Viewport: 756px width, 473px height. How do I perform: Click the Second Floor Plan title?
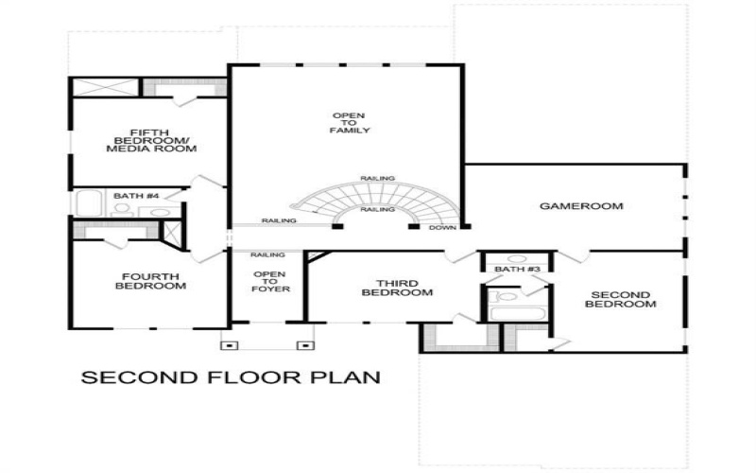click(231, 377)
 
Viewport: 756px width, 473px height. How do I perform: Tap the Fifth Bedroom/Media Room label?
click(150, 141)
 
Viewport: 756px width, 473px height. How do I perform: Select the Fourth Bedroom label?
click(150, 281)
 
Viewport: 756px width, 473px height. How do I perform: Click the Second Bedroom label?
click(620, 298)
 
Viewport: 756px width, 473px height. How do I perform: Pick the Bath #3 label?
click(517, 271)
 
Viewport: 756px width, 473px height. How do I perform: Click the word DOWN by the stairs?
click(442, 228)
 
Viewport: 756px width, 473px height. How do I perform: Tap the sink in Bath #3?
click(516, 257)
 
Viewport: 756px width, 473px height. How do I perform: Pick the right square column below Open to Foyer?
click(303, 345)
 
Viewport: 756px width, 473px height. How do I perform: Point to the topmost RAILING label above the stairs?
click(377, 178)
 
